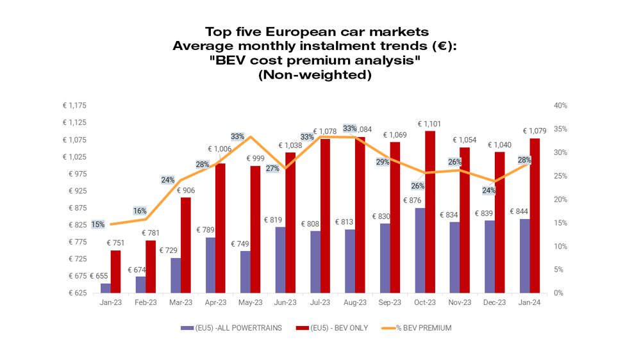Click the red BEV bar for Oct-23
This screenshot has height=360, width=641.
[x=430, y=212]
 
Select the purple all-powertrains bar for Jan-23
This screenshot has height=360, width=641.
[x=105, y=288]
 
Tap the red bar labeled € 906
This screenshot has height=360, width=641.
[x=185, y=245]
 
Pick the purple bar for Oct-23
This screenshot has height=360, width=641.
[x=419, y=250]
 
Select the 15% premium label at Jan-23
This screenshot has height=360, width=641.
[x=98, y=224]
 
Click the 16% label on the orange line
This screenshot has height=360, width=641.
[x=140, y=211]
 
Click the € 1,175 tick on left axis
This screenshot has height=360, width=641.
[x=74, y=106]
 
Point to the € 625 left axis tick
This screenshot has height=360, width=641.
[x=76, y=293]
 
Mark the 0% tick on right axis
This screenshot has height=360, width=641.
[x=559, y=293]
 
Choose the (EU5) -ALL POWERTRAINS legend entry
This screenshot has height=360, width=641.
[x=231, y=328]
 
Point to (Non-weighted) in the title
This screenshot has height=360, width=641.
[x=314, y=74]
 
